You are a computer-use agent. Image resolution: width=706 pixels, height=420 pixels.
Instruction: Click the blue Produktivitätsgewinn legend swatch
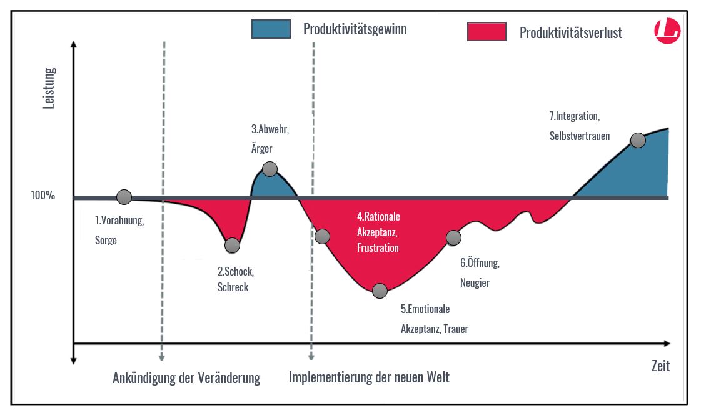(x=271, y=29)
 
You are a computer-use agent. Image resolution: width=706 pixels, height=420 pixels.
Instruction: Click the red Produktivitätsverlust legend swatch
(x=487, y=32)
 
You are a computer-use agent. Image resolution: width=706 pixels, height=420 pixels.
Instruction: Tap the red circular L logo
(x=667, y=31)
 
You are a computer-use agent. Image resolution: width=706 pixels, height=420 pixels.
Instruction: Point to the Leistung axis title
(x=49, y=88)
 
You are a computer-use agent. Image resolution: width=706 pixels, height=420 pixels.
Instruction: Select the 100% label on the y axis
(x=43, y=195)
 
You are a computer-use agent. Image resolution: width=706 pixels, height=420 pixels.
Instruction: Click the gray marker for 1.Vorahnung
(x=124, y=197)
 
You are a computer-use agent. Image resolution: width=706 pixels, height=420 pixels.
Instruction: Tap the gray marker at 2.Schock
(x=232, y=246)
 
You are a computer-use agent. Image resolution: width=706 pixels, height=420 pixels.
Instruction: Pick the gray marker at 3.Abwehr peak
(x=270, y=168)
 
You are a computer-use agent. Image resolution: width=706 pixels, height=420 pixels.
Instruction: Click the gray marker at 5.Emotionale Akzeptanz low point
(x=380, y=291)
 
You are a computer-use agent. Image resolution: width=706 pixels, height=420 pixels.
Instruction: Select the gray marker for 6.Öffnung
(x=453, y=237)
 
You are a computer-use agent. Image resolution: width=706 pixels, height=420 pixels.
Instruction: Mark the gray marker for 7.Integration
(x=638, y=140)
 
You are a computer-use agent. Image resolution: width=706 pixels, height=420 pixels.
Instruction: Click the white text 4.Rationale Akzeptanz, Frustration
(x=378, y=232)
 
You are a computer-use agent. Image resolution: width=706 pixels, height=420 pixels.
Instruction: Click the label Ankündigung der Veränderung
(x=186, y=378)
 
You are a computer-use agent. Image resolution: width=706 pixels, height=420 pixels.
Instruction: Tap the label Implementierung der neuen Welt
(x=369, y=377)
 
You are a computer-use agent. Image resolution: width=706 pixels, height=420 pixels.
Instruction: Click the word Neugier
(x=475, y=283)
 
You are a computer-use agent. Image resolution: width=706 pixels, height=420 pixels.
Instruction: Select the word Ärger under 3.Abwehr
(x=262, y=149)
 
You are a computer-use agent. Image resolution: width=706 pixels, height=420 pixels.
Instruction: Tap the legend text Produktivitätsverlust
(x=570, y=33)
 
